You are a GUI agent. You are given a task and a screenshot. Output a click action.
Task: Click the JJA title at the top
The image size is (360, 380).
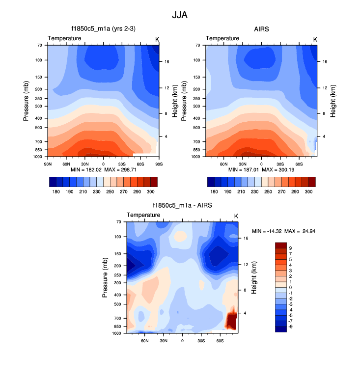180,15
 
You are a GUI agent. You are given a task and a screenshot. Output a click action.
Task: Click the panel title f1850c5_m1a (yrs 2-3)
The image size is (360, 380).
104,29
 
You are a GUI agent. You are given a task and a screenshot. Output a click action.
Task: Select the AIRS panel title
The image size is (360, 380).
261,29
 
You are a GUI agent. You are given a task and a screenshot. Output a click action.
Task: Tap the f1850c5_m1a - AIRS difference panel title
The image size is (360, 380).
182,206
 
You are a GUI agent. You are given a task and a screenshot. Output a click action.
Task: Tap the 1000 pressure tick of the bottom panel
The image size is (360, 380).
118,333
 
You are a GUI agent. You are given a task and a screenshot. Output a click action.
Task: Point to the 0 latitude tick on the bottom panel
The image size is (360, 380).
182,340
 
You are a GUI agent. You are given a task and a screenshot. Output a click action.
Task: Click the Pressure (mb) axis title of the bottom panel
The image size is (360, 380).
105,278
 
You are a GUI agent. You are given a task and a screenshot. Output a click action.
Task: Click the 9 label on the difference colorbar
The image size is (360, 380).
291,248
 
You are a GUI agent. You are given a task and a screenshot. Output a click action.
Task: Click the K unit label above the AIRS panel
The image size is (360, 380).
315,39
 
